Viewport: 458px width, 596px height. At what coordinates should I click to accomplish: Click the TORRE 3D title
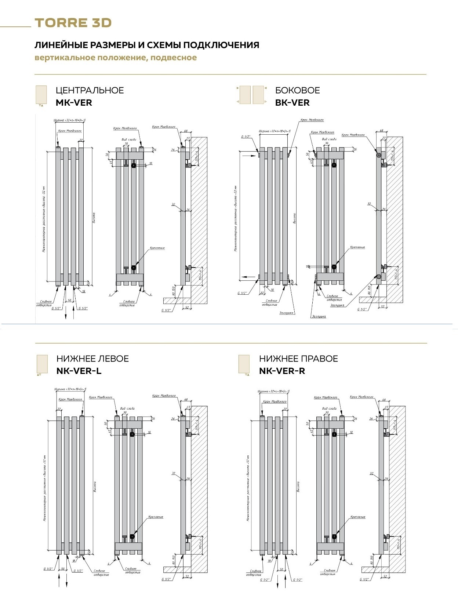(x=73, y=23)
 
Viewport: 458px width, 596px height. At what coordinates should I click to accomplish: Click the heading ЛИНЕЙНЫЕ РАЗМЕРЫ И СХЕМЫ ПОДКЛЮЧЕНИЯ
(x=147, y=45)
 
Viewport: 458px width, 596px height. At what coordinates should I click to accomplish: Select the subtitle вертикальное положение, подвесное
(x=116, y=58)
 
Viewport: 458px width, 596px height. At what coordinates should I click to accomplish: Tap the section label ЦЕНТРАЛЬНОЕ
(x=90, y=90)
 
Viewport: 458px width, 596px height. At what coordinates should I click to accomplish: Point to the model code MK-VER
(x=74, y=103)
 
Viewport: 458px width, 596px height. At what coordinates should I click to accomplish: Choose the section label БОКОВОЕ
(x=297, y=90)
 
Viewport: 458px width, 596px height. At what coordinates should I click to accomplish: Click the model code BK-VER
(x=292, y=103)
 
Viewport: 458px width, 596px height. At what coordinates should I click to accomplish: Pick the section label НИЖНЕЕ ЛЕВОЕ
(x=92, y=359)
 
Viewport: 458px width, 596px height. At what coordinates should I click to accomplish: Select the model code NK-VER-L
(x=79, y=371)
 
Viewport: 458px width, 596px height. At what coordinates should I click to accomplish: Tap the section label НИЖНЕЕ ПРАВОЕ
(x=298, y=359)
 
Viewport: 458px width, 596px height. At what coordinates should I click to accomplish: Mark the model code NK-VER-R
(x=282, y=371)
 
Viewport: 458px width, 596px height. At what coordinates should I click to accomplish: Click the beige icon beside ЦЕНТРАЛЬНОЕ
(x=41, y=95)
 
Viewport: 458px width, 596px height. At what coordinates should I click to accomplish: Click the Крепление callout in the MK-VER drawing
(x=157, y=248)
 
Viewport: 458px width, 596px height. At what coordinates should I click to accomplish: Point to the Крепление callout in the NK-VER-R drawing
(x=358, y=517)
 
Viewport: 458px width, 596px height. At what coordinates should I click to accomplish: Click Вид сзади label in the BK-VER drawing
(x=329, y=139)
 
